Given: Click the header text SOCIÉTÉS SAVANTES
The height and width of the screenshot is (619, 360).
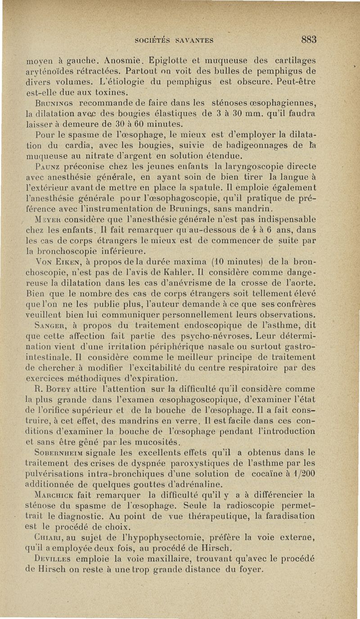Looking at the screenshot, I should pyautogui.click(x=174, y=40).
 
